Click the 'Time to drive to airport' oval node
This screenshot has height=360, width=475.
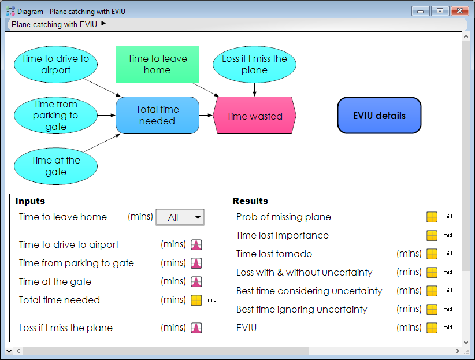point(55,65)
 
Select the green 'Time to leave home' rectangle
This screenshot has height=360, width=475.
point(158,65)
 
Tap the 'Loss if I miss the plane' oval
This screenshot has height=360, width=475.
point(254,65)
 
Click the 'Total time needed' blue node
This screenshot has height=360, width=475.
point(158,115)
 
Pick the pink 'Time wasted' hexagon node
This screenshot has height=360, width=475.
point(254,116)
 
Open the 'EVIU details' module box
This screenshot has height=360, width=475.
point(379,116)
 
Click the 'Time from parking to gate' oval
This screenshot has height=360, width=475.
point(55,115)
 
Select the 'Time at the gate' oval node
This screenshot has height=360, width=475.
point(55,166)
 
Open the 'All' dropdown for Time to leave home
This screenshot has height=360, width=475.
point(180,217)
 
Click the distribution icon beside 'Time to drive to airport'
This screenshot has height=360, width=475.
point(196,244)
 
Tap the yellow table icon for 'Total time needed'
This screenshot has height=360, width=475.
point(196,300)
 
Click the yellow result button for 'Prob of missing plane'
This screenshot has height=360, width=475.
point(432,217)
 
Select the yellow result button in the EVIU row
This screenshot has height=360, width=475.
point(432,328)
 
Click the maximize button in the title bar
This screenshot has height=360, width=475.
point(440,11)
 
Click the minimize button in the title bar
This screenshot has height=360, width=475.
point(421,11)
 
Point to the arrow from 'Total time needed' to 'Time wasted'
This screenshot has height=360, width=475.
point(206,115)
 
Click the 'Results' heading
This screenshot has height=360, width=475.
point(250,201)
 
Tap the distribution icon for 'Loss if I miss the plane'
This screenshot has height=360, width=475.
point(196,328)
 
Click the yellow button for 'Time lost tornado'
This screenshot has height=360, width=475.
point(432,254)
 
